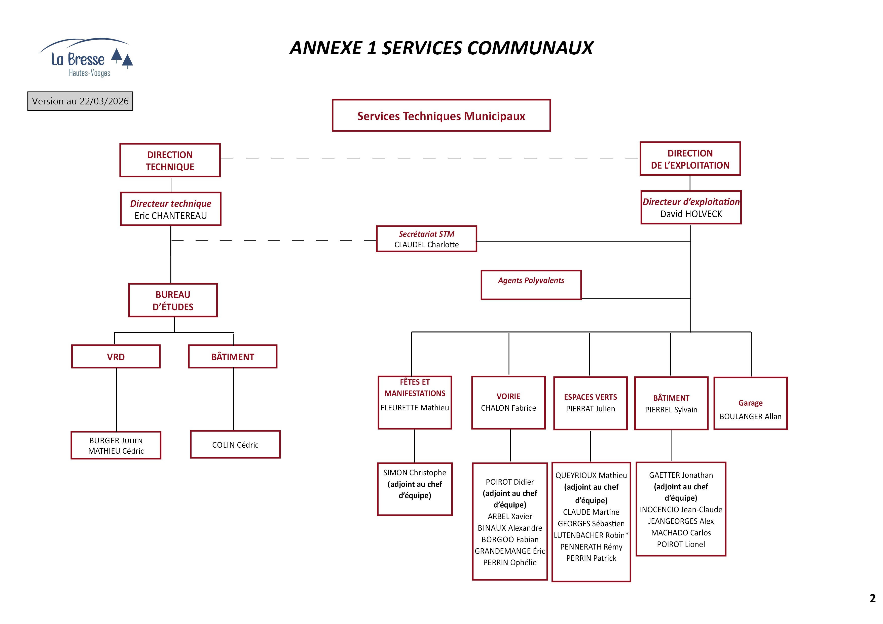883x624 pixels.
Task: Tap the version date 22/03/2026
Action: [x=104, y=101]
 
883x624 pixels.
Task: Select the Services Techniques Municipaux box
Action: [x=441, y=116]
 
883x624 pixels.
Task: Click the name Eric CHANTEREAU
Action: [x=170, y=216]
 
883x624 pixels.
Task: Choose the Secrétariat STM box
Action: [x=426, y=239]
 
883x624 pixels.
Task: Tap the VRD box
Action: [x=116, y=357]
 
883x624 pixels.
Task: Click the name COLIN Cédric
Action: [x=235, y=445]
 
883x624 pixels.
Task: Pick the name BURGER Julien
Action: [x=116, y=441]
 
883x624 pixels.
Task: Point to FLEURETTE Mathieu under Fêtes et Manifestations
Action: [x=415, y=408]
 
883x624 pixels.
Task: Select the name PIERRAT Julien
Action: [x=590, y=409]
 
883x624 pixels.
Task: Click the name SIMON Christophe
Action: [x=415, y=473]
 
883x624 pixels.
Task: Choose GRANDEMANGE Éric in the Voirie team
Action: [x=509, y=551]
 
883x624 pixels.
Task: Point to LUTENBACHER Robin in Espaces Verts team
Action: [x=591, y=535]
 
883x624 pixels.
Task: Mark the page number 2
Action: [x=872, y=598]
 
